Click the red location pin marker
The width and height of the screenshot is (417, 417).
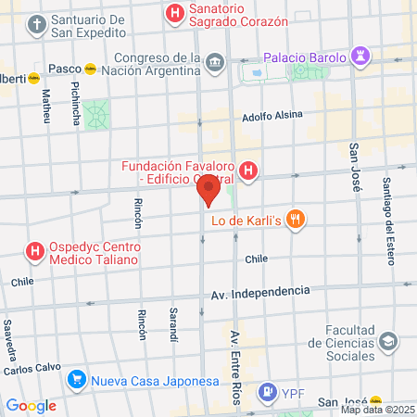[x=208, y=192]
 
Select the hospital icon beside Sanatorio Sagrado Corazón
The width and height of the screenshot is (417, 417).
[x=173, y=13]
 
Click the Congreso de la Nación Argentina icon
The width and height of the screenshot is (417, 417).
[x=216, y=62]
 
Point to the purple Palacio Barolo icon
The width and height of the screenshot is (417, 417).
[x=360, y=57]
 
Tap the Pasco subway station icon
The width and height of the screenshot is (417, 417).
[x=90, y=68]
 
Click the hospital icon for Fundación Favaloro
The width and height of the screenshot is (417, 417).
[x=247, y=171]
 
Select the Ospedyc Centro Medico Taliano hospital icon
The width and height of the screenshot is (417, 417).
[x=35, y=250]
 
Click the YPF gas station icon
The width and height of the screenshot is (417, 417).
[x=268, y=392]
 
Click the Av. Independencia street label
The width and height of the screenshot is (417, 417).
[x=259, y=292]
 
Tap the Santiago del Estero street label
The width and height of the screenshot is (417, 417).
[x=387, y=204]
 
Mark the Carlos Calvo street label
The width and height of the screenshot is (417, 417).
[x=32, y=369]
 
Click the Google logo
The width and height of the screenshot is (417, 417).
[x=31, y=405]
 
